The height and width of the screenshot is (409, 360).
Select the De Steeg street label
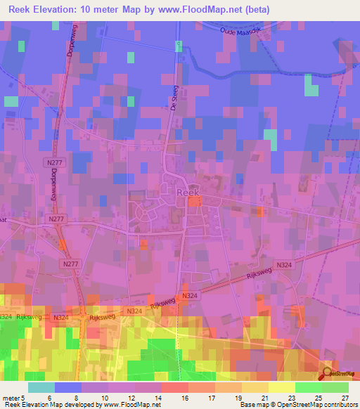click(x=174, y=98)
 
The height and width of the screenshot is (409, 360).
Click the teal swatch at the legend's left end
click(x=41, y=387)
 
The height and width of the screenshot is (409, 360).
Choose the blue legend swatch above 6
click(x=68, y=387)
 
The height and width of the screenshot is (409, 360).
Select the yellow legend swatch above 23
click(x=282, y=387)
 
